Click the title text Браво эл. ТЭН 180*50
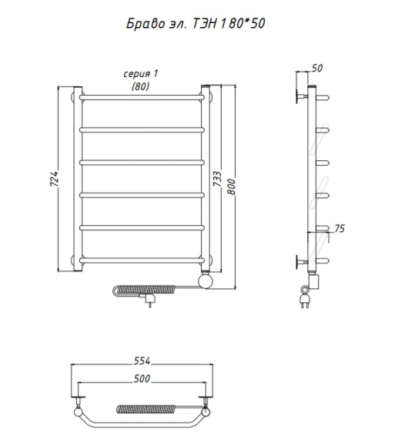196,23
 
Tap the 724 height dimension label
54,179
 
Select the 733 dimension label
217,179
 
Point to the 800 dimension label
231,187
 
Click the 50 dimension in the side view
317,68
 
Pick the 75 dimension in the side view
339,229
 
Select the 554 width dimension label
142,361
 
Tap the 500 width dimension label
142,378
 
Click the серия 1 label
140,74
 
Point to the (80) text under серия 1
141,86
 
